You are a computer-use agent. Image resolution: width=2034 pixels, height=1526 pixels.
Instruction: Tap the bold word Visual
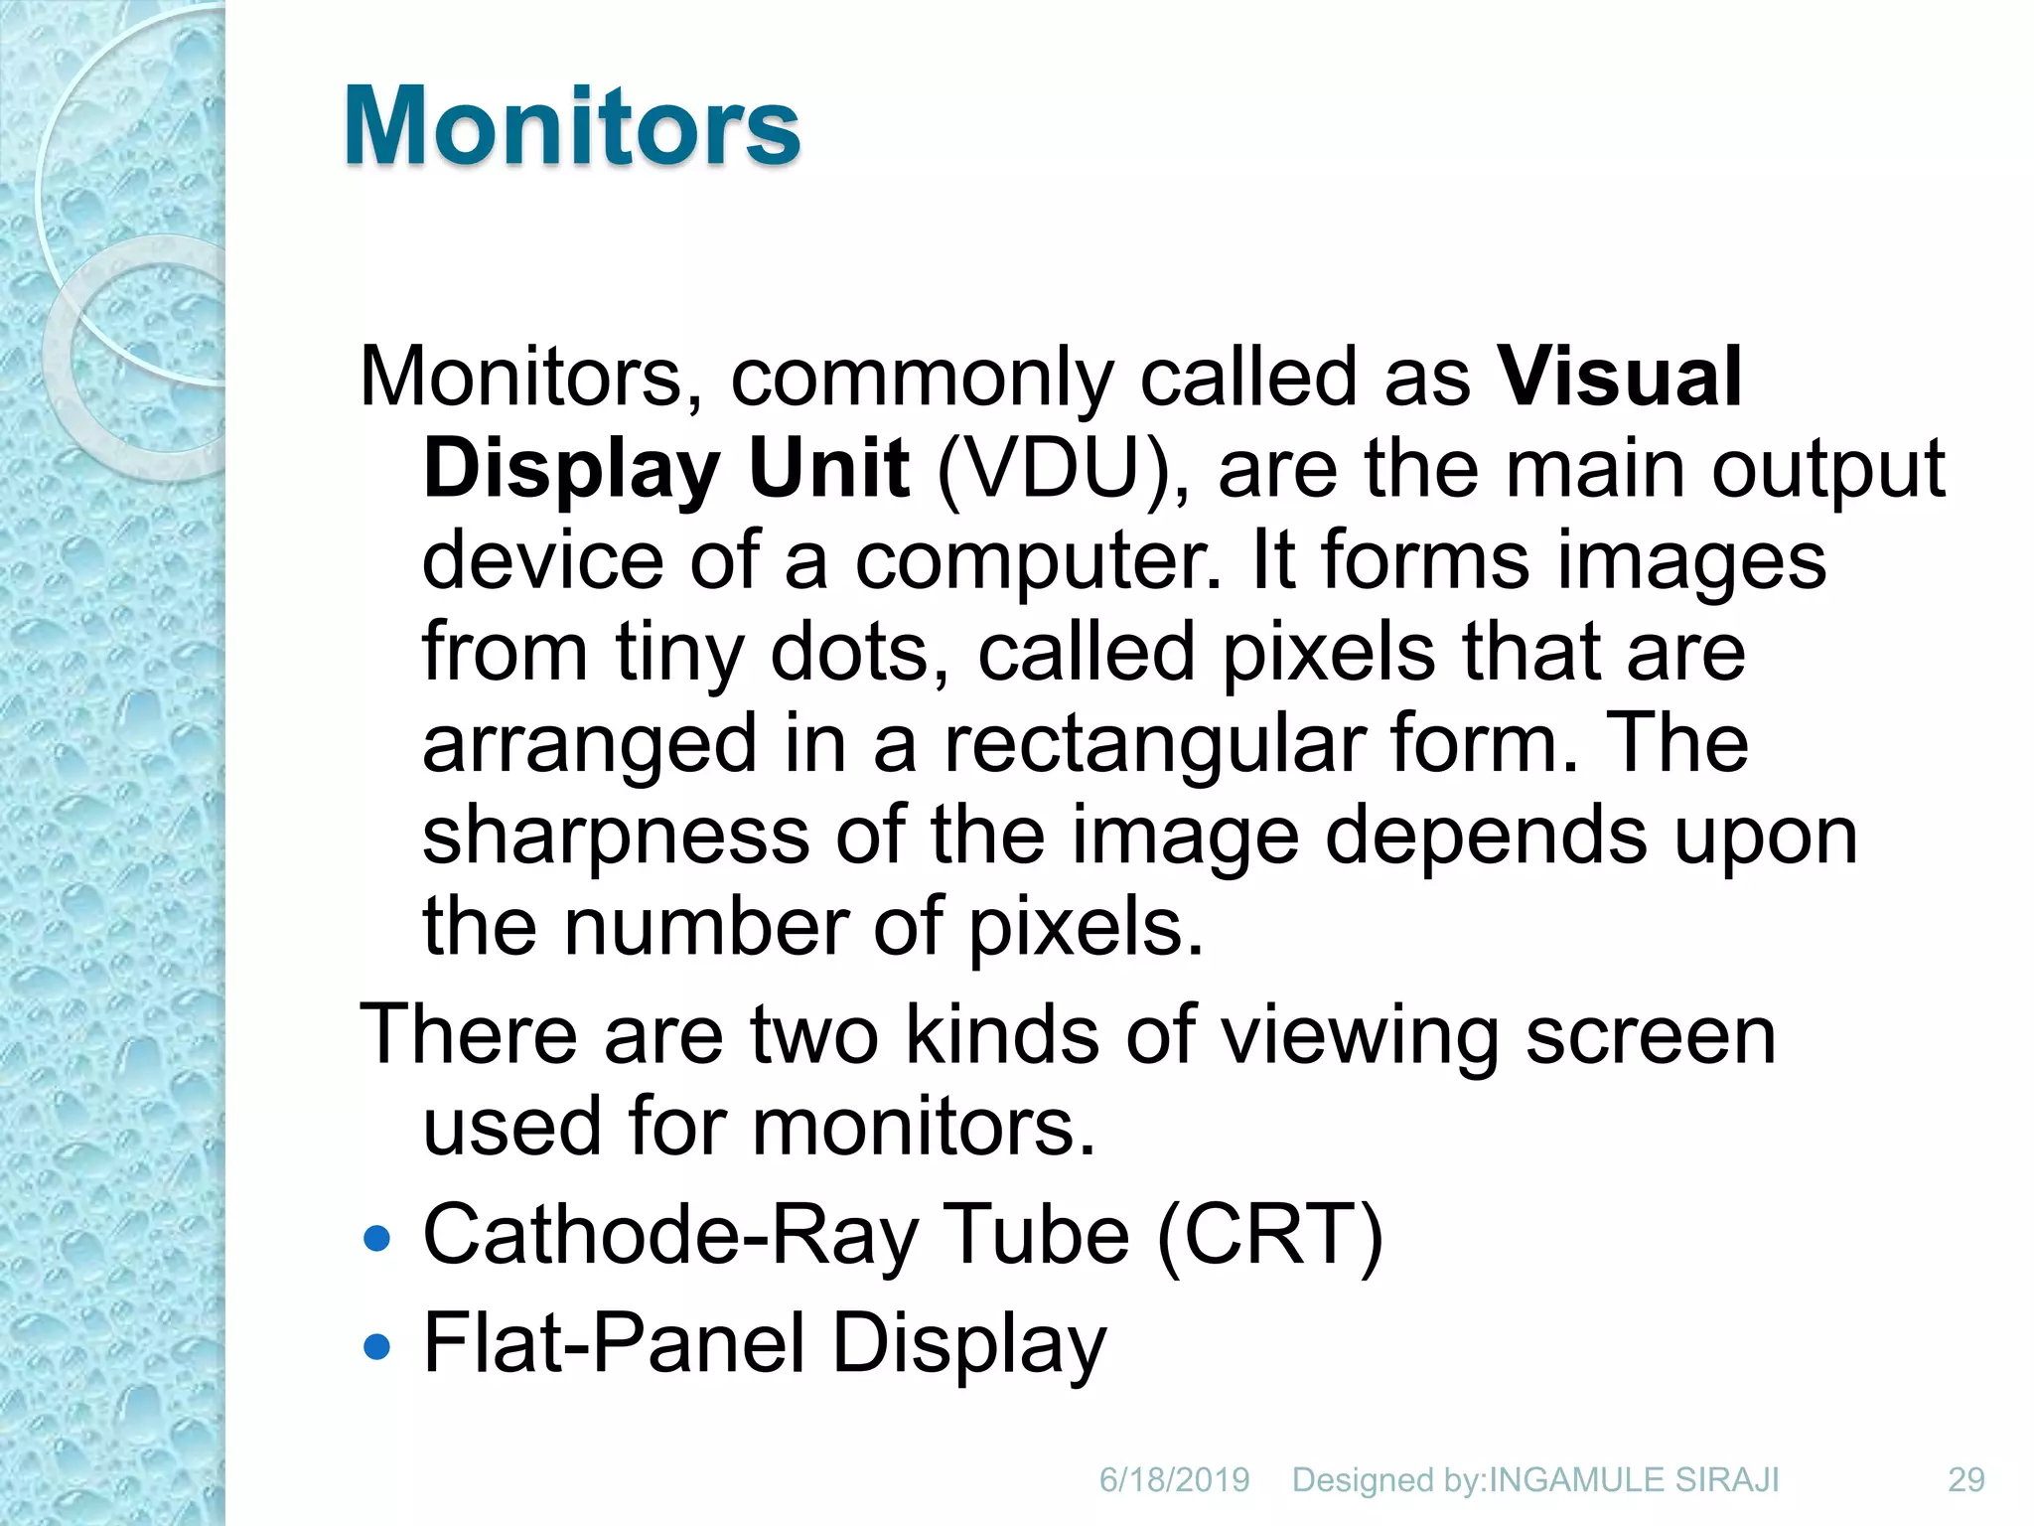pyautogui.click(x=1620, y=378)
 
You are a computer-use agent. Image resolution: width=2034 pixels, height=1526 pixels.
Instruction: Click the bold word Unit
pyautogui.click(x=829, y=469)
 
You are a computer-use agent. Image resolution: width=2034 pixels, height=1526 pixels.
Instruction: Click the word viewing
pyautogui.click(x=1359, y=1036)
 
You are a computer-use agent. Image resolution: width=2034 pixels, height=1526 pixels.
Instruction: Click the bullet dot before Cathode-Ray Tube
pyautogui.click(x=377, y=1239)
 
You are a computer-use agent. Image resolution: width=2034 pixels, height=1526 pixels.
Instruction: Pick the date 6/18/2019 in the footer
pyautogui.click(x=1174, y=1480)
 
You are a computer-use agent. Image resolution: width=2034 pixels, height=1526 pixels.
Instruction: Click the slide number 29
pyautogui.click(x=1965, y=1480)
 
